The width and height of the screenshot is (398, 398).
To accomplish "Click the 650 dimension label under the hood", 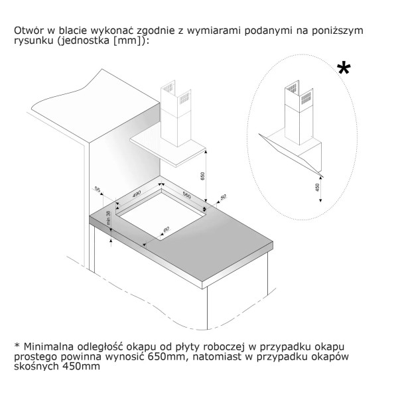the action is click(202, 176).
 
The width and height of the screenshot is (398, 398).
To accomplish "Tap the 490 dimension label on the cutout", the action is click(137, 194).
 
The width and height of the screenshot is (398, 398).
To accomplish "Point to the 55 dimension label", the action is click(98, 189).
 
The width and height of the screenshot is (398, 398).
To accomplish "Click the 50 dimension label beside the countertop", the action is click(223, 197).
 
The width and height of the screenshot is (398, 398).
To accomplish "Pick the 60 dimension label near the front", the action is click(166, 230).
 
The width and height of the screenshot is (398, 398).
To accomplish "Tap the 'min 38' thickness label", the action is click(109, 218).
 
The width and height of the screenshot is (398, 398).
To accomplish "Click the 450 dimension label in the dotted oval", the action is click(317, 187).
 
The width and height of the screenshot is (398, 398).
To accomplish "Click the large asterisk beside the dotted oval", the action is click(344, 68).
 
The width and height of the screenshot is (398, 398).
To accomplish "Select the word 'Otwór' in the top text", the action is click(29, 31).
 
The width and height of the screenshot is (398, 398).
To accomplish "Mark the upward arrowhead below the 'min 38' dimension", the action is click(111, 240).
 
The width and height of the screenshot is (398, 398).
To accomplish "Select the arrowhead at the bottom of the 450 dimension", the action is click(320, 200).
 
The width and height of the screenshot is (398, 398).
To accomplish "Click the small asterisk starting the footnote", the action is click(17, 345).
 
